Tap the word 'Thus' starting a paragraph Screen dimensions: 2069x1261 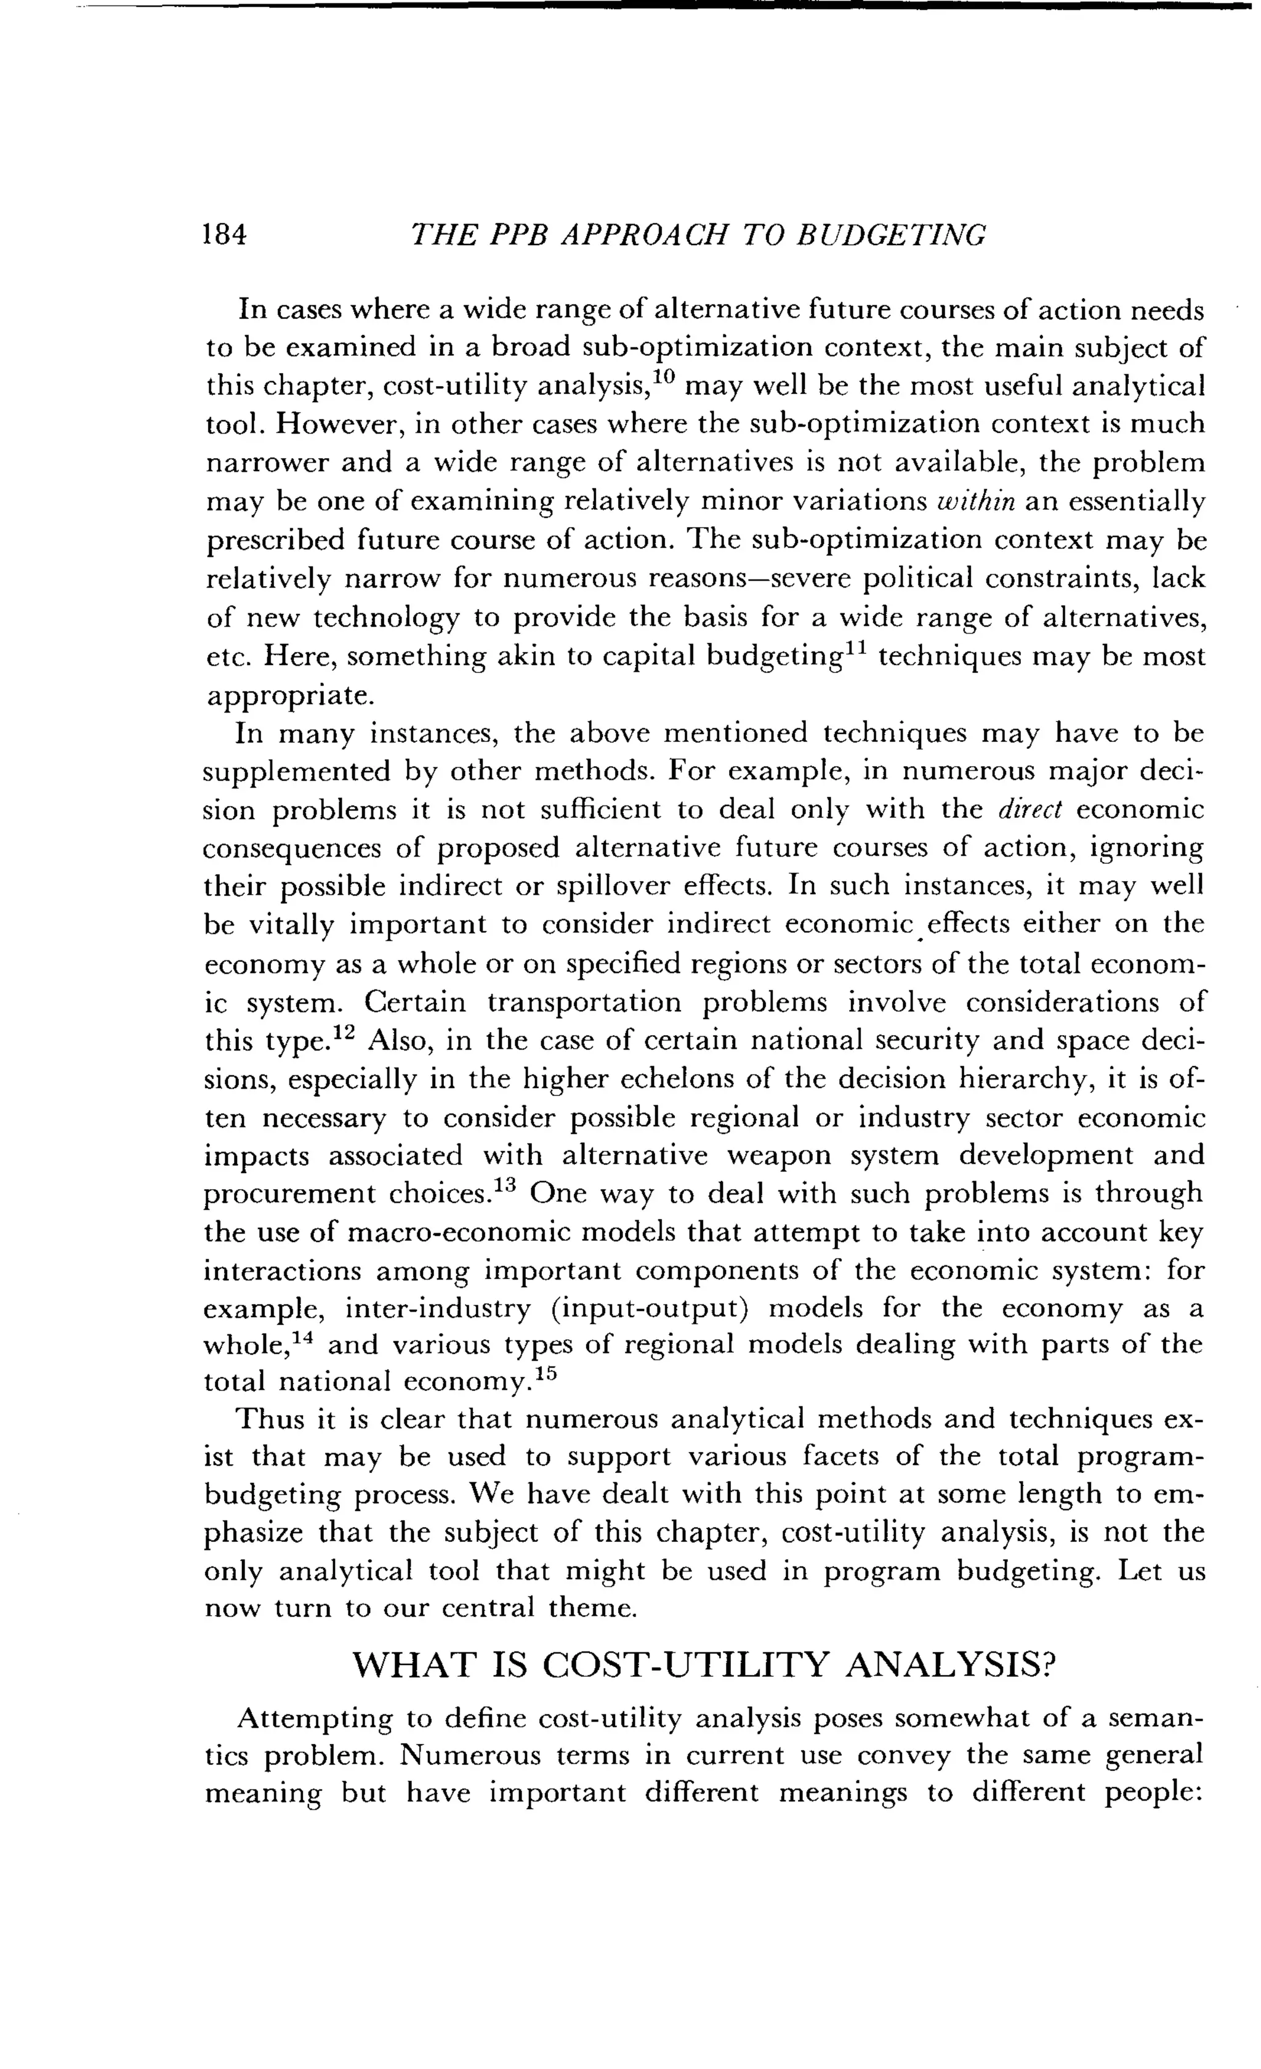(x=268, y=1420)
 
